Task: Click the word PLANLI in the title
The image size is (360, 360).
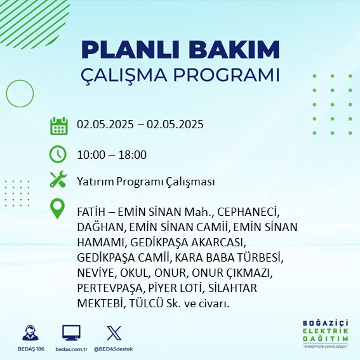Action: point(130,50)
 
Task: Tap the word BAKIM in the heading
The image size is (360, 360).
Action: point(234,50)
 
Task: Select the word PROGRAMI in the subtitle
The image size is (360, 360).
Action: point(227,75)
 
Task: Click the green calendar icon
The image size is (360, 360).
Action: point(59,126)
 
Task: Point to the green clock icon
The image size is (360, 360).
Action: point(58,154)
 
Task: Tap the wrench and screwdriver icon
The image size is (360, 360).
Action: point(58,179)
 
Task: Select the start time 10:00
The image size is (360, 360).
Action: point(91,155)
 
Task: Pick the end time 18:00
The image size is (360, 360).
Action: point(133,155)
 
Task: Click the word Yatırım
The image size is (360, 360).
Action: point(95,182)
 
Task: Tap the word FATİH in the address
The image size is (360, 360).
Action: point(91,212)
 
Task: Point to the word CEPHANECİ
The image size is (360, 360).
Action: point(248,212)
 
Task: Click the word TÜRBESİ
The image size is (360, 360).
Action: point(260,258)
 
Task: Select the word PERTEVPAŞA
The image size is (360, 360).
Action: point(110,289)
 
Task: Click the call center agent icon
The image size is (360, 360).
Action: point(30,333)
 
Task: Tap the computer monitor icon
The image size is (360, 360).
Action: point(71,333)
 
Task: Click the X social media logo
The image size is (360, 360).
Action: point(114,333)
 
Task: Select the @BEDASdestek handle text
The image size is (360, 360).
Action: point(114,349)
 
